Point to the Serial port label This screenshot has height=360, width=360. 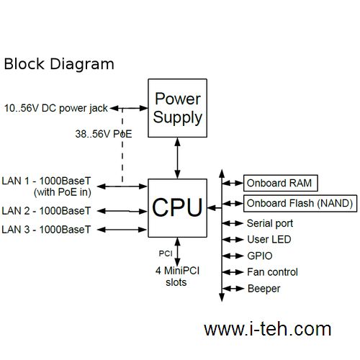pyautogui.click(x=270, y=223)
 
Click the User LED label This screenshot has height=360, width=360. pyautogui.click(x=269, y=240)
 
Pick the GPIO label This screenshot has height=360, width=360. pyautogui.click(x=260, y=256)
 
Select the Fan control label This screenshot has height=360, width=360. pyautogui.click(x=272, y=272)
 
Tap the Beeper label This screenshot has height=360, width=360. pyautogui.click(x=264, y=289)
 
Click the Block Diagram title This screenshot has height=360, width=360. pyautogui.click(x=59, y=64)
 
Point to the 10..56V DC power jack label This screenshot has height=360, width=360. pyautogui.click(x=56, y=108)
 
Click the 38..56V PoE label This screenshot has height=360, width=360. pyautogui.click(x=104, y=134)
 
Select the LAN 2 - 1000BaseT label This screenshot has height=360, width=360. pyautogui.click(x=46, y=211)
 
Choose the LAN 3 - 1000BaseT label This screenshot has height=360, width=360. pyautogui.click(x=46, y=230)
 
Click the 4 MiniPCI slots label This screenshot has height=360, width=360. pyautogui.click(x=177, y=276)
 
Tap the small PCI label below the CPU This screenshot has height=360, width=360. pyautogui.click(x=166, y=253)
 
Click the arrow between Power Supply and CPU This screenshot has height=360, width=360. pyautogui.click(x=177, y=158)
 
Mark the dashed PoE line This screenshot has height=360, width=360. pyautogui.click(x=122, y=145)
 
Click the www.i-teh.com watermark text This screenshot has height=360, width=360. pyautogui.click(x=268, y=329)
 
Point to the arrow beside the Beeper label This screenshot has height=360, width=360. pyautogui.click(x=233, y=289)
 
